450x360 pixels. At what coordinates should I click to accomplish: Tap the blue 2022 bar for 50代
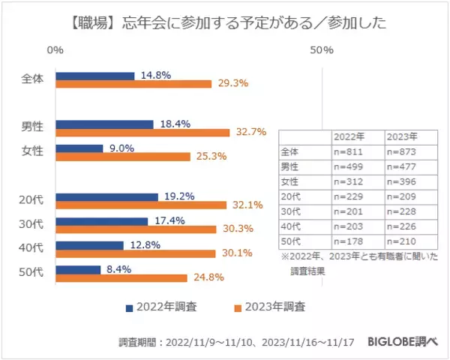pyautogui.click(x=78, y=269)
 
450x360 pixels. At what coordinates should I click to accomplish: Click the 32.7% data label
pyautogui.click(x=250, y=133)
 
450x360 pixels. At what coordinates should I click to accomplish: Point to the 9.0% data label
pyautogui.click(x=121, y=148)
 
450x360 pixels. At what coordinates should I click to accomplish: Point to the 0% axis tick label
pyautogui.click(x=55, y=50)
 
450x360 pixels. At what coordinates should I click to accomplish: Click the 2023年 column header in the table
pyautogui.click(x=401, y=137)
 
